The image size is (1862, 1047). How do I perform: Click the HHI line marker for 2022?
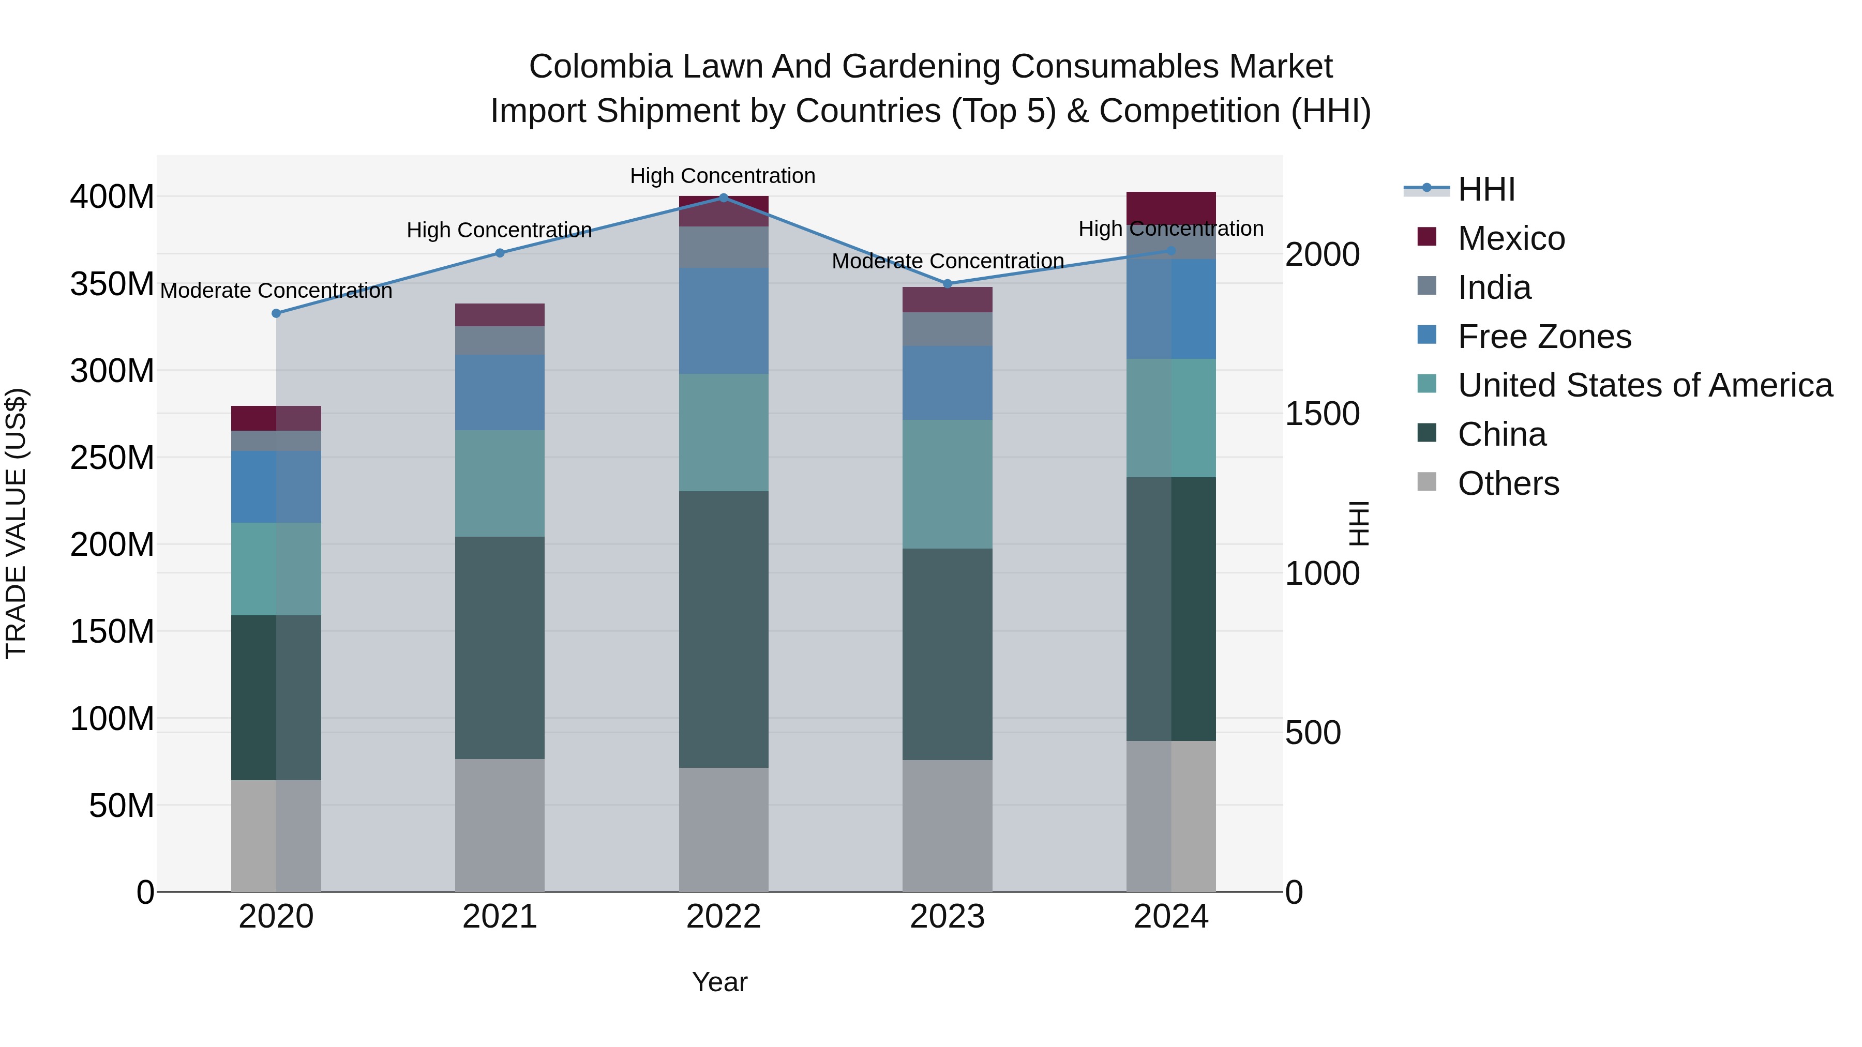[724, 198]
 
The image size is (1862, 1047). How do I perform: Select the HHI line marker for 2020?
[276, 313]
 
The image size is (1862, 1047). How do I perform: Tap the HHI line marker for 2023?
[948, 284]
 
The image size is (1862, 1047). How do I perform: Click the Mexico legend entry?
[1511, 238]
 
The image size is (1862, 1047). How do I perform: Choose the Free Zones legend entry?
[1544, 337]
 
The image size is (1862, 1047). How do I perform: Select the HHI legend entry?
[1485, 189]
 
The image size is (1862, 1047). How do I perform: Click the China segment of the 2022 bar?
[724, 629]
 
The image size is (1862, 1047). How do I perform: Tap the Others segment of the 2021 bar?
[500, 824]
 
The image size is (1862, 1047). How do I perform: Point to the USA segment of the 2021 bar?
[500, 483]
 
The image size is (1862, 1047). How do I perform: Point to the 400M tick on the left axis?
[112, 196]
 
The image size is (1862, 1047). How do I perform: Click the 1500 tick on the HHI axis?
[1322, 414]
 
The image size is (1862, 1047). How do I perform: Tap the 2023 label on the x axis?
[948, 917]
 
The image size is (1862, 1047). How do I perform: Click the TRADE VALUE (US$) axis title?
[16, 523]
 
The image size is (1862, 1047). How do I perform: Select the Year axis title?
[719, 982]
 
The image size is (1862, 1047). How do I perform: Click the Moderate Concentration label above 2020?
[276, 291]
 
